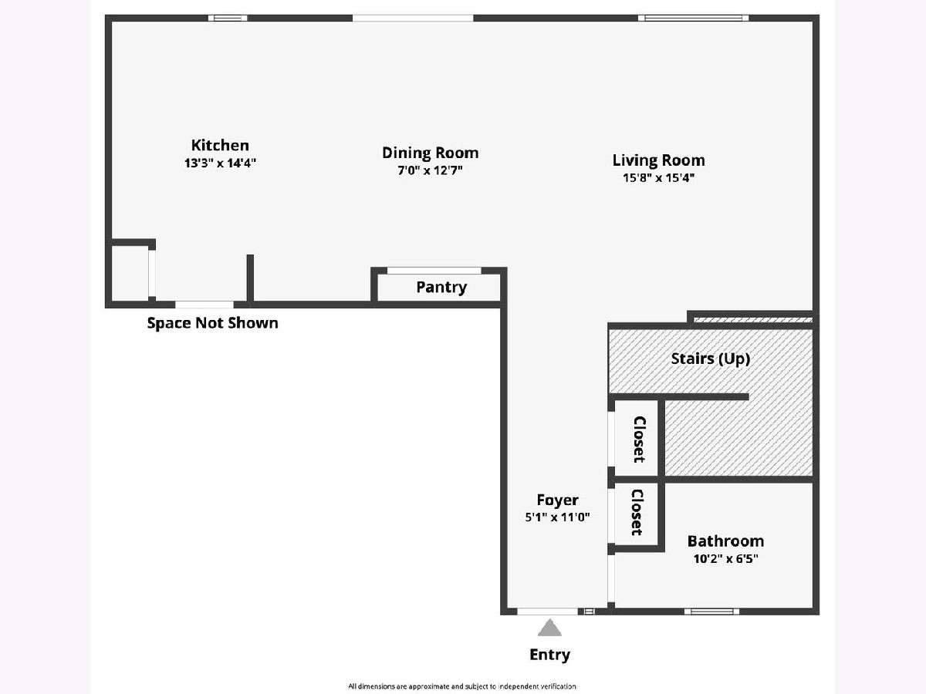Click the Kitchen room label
click(x=220, y=145)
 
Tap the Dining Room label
click(x=430, y=153)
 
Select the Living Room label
click(x=658, y=160)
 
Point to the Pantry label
click(x=441, y=287)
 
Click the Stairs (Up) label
click(x=710, y=359)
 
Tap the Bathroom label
click(x=725, y=541)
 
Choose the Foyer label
click(x=557, y=500)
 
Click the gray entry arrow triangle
click(x=549, y=628)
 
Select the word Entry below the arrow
click(x=549, y=655)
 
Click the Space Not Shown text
click(x=212, y=323)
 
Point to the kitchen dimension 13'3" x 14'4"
click(x=220, y=163)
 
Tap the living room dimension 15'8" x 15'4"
click(x=658, y=177)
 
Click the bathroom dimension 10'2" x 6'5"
click(x=725, y=558)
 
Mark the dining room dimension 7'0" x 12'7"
click(x=430, y=170)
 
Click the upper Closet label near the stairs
click(x=639, y=439)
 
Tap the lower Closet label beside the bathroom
click(x=637, y=512)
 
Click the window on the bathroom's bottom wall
click(x=711, y=611)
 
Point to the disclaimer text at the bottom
click(x=461, y=686)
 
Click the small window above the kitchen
click(x=228, y=18)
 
